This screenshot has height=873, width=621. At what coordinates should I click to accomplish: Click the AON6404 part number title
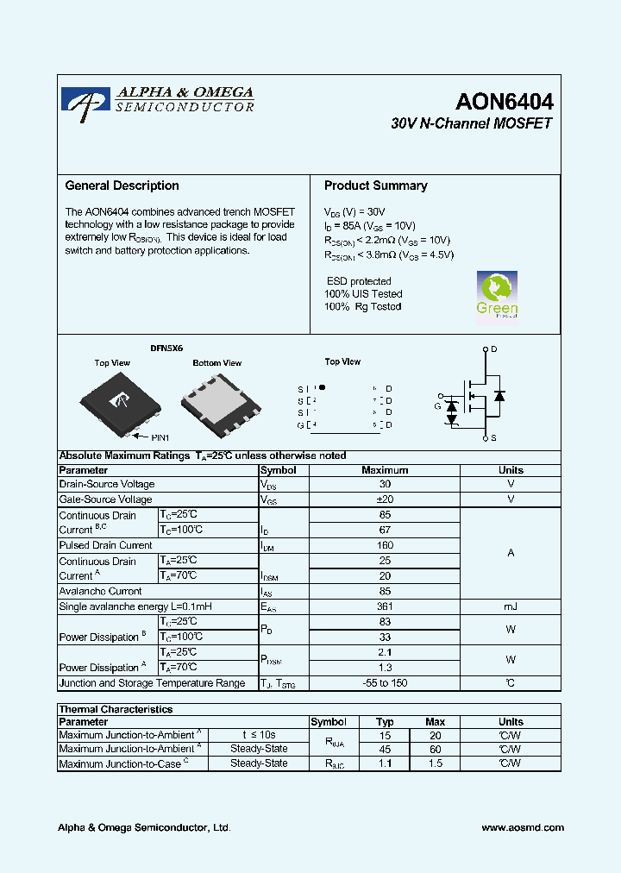pos(504,102)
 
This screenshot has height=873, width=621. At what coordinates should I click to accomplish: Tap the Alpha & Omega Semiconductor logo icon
pos(85,100)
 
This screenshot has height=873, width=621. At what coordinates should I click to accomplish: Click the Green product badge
pos(498,295)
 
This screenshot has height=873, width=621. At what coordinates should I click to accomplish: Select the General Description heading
pos(122,185)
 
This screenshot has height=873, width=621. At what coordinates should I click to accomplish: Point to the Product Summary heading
pos(375,185)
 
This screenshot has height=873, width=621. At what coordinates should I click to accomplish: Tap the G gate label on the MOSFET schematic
pos(437,405)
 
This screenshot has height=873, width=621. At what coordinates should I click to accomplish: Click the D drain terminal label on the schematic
pos(494,349)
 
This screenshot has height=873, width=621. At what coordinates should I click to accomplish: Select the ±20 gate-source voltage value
pos(385,499)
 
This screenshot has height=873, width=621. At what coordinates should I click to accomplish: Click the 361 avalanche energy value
pos(385,606)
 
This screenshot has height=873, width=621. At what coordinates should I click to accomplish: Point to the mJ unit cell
pos(511,606)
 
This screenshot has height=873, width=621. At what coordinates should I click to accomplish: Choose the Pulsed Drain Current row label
pos(105,545)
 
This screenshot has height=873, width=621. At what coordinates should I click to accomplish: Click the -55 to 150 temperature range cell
pos(385,683)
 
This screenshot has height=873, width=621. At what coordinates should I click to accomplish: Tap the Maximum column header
pos(385,470)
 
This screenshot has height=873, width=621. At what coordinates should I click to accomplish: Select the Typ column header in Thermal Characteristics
pos(385,721)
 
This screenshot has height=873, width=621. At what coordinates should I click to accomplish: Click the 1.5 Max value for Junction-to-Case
pos(435,763)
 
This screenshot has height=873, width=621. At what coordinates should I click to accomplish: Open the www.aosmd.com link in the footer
pos(523,827)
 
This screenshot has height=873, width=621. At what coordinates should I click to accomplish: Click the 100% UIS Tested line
pos(363,294)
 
